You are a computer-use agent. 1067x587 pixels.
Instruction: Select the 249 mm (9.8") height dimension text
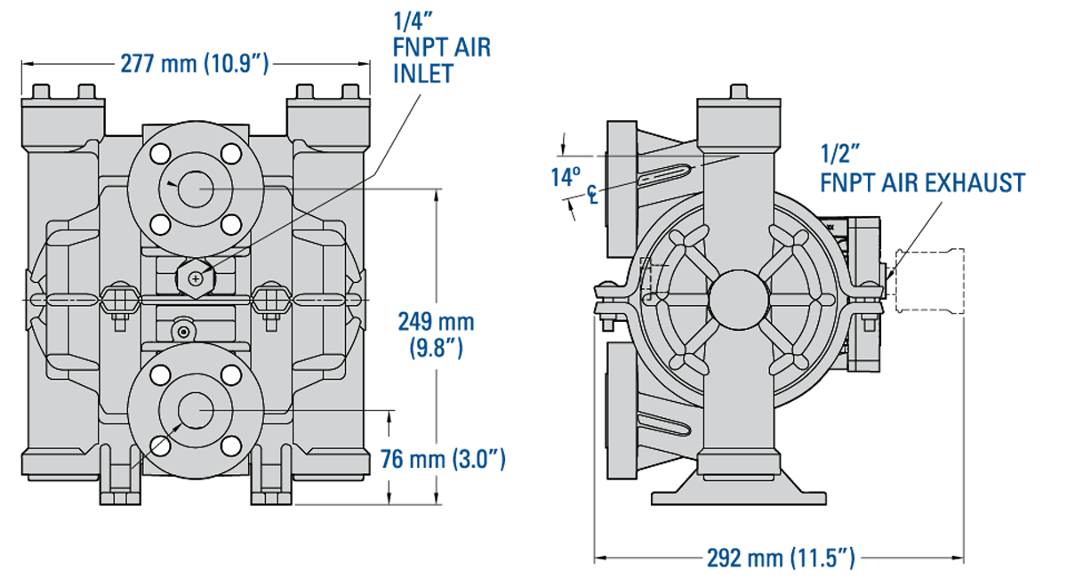coord(436,334)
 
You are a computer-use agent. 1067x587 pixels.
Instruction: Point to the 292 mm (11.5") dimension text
coord(780,559)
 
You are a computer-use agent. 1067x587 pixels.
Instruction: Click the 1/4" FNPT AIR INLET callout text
coord(441,47)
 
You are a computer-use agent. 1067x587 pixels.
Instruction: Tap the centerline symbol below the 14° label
coord(591,194)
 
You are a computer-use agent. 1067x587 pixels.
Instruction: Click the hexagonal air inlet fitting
coord(194,277)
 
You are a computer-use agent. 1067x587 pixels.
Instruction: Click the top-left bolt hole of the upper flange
coord(161,154)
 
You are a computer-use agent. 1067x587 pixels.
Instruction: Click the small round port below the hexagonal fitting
coord(183,331)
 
